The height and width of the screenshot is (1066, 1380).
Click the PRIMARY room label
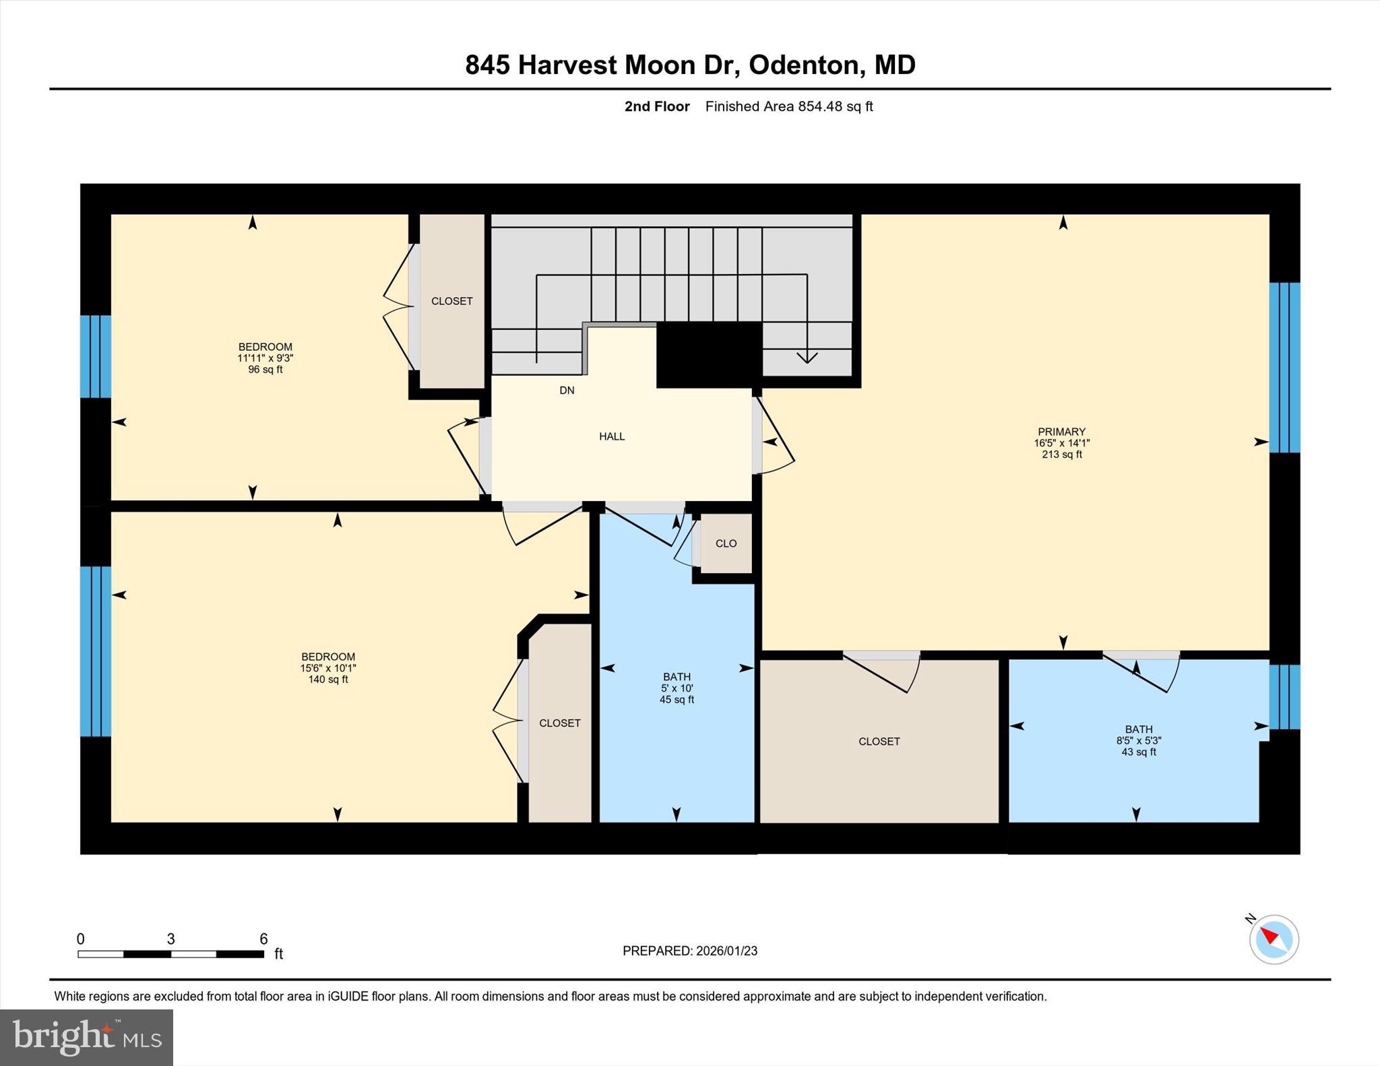point(1061,442)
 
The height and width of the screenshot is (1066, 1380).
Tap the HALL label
point(612,436)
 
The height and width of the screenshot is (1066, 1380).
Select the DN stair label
point(567,391)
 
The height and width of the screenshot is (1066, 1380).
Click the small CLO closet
point(726,543)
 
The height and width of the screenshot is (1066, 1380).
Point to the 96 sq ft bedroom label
point(265,358)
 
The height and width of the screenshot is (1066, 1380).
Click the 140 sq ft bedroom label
point(328,668)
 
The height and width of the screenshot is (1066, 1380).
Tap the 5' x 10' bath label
point(677,688)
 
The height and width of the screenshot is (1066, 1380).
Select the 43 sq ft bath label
point(1138,740)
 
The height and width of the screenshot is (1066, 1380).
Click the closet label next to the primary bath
point(879,741)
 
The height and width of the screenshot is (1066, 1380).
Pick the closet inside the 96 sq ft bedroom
point(451,301)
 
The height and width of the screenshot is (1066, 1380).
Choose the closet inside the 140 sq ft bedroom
point(559,723)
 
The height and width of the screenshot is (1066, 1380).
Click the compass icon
point(1274,939)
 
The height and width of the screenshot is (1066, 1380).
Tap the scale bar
point(170,954)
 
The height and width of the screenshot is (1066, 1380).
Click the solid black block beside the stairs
point(708,355)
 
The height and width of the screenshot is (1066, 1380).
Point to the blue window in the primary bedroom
point(1284,368)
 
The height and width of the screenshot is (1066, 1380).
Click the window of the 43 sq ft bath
point(1284,697)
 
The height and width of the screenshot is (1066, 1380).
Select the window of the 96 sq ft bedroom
point(95,357)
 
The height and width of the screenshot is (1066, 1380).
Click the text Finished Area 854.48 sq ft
point(788,106)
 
